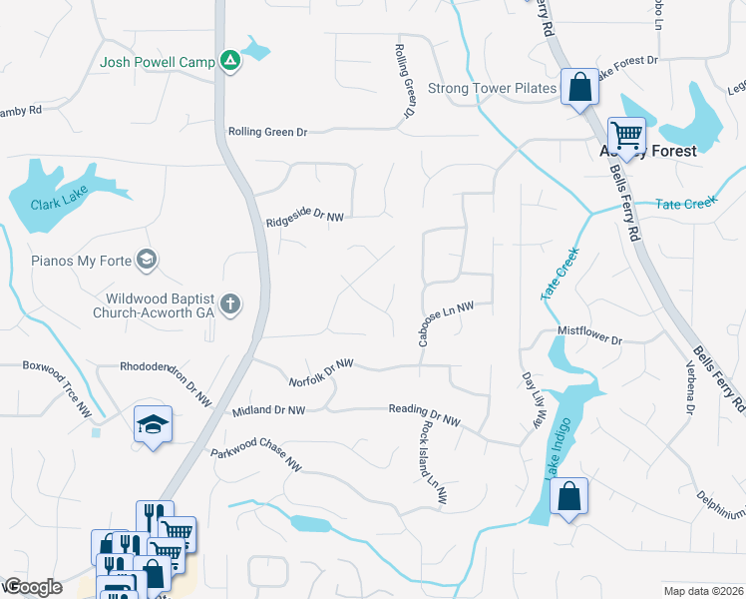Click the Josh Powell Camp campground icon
point(230,62)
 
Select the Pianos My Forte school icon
point(147,261)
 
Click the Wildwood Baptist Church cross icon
point(230,304)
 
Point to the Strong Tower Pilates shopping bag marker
point(578,87)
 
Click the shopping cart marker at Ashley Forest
point(626,134)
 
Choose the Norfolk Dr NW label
point(321,373)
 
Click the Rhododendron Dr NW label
point(166,383)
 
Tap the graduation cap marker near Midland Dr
point(153,425)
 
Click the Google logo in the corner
point(33,587)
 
